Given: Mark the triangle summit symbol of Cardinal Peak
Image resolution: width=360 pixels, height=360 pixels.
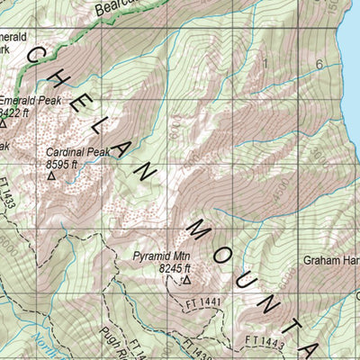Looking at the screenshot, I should [x=51, y=176].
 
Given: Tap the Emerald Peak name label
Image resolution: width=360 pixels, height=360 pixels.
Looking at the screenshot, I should [x=31, y=102].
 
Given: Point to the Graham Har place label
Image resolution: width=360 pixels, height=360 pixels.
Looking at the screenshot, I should [x=330, y=262].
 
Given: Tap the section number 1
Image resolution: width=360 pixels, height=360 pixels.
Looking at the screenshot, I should [x=266, y=63].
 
